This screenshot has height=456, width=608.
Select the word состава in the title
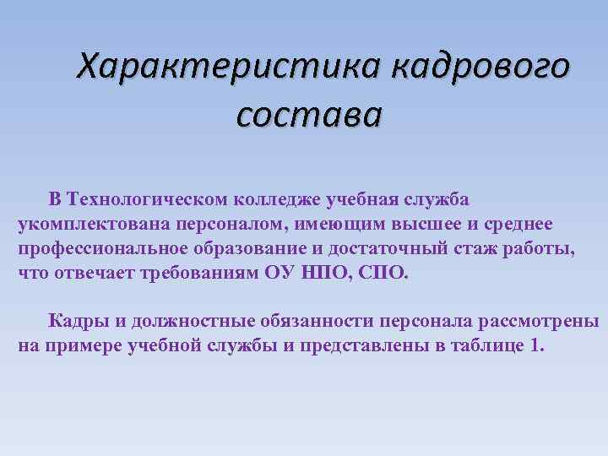tap(309, 114)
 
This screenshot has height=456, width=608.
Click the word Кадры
tap(74, 321)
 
